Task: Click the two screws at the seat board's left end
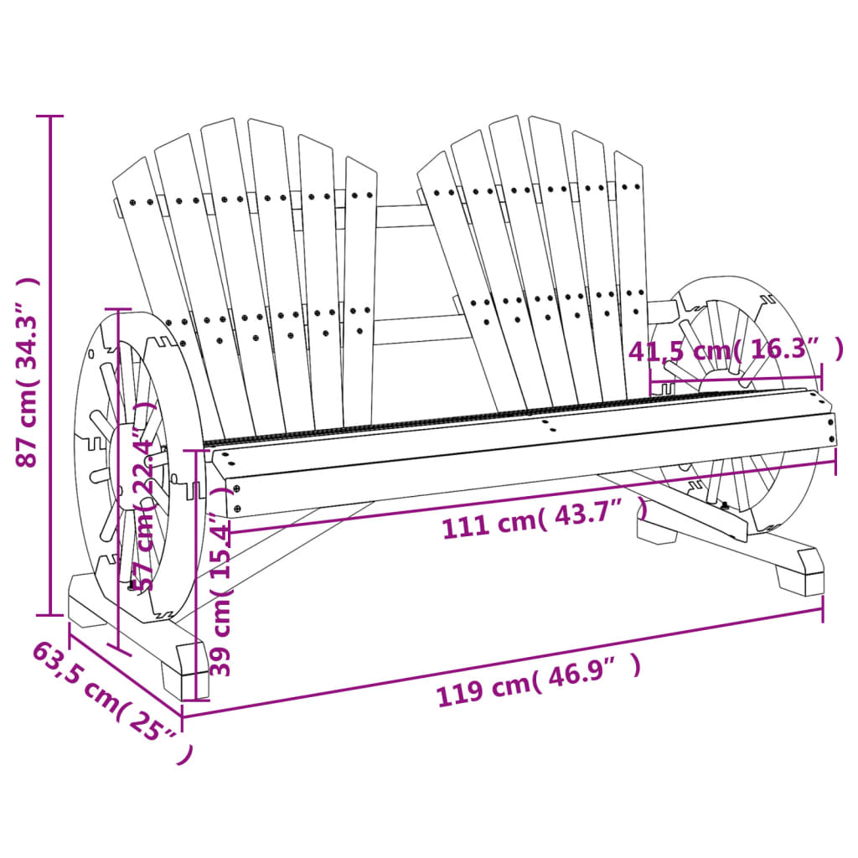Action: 237,498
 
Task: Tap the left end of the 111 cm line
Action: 229,530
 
